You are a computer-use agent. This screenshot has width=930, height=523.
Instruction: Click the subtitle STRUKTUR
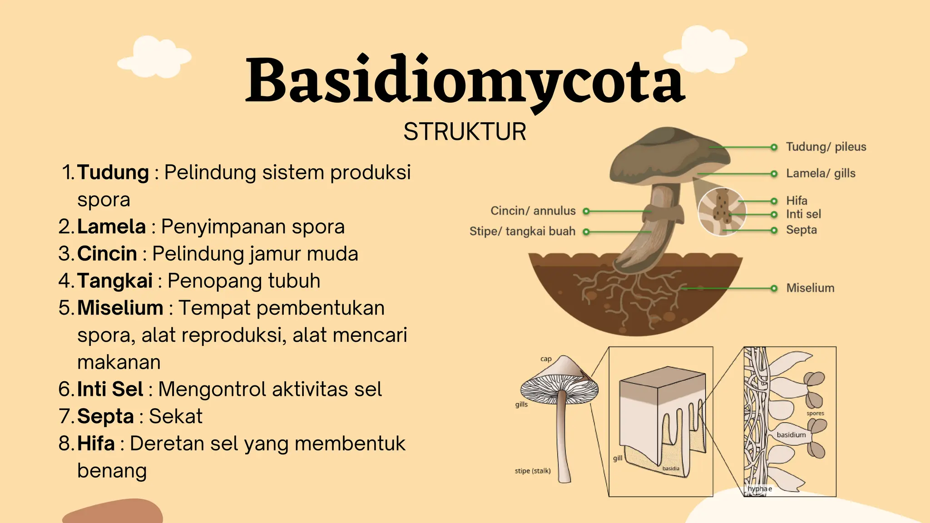465,132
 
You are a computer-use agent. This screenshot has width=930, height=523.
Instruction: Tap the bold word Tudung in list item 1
113,173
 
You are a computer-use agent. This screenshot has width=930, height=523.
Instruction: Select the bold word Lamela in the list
111,227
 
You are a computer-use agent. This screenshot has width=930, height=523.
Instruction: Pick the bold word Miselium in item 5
120,308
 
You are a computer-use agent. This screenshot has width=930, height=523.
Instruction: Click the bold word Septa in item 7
105,416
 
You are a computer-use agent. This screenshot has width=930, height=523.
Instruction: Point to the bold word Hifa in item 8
96,444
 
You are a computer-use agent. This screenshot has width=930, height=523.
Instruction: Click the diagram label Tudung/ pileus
826,147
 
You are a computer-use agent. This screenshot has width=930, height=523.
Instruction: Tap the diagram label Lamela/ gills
821,173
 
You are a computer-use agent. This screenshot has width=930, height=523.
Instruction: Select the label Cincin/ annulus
533,211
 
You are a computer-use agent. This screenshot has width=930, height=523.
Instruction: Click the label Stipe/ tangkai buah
522,232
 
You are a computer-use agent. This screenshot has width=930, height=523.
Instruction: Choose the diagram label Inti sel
803,214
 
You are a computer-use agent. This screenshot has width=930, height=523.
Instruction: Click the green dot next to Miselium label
774,288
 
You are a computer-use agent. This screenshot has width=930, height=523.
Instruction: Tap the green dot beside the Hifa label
774,201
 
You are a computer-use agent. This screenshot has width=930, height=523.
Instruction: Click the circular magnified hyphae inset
722,212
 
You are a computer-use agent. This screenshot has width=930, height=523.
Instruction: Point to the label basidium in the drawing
791,435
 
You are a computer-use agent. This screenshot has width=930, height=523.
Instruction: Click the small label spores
815,414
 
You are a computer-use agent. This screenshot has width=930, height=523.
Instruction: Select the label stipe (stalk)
532,471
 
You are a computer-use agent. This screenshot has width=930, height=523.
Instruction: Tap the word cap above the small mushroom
546,359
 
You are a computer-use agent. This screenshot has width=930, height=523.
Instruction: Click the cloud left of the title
154,57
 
